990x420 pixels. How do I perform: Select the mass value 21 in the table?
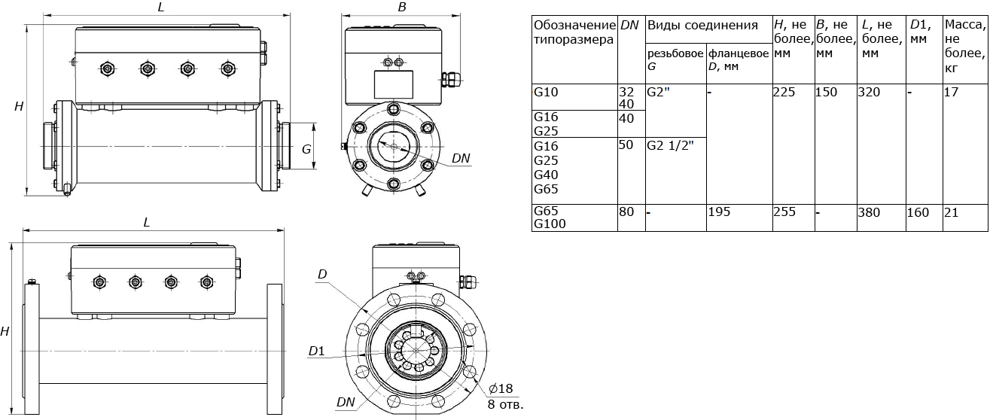[951, 212]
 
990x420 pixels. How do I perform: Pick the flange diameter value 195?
[719, 212]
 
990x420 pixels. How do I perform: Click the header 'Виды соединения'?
[702, 25]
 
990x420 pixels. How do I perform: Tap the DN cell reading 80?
[626, 212]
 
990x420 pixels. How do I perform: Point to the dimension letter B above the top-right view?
[402, 8]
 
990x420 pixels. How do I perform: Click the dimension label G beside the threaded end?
[306, 149]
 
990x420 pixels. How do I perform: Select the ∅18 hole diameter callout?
[500, 388]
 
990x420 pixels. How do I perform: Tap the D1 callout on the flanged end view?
[316, 351]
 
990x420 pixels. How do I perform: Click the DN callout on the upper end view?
[461, 158]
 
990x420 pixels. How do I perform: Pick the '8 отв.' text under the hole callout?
[505, 405]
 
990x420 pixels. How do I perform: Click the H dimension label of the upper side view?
[19, 108]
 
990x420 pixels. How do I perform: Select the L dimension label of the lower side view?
[147, 223]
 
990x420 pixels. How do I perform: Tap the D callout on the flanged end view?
[321, 274]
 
